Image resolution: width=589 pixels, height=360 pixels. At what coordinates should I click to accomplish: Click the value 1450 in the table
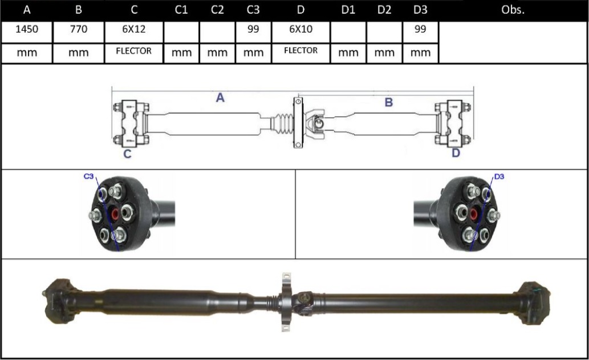click(27, 30)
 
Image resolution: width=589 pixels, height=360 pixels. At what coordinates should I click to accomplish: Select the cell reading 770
click(79, 30)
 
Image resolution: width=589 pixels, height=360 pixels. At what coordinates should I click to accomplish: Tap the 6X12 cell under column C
click(133, 30)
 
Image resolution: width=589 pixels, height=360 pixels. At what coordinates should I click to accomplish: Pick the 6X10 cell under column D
click(300, 30)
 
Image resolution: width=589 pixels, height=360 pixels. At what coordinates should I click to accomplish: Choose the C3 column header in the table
click(253, 10)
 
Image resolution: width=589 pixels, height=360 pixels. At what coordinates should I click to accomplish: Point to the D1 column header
click(347, 10)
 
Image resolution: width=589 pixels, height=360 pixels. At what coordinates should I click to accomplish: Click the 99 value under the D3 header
click(420, 30)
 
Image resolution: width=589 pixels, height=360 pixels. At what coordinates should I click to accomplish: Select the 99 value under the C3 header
click(253, 30)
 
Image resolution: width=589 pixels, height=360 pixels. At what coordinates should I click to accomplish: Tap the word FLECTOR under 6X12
click(133, 51)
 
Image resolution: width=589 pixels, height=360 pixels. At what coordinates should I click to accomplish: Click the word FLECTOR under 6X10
click(300, 51)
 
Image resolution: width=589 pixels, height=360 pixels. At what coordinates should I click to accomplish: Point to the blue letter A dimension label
click(220, 98)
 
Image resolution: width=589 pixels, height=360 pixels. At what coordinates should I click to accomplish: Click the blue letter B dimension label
click(389, 103)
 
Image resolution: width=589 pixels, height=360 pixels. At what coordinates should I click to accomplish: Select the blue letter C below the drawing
click(128, 153)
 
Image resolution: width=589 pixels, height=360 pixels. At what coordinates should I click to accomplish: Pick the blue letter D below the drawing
click(456, 153)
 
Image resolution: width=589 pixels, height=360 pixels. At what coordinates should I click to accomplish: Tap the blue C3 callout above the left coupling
click(89, 177)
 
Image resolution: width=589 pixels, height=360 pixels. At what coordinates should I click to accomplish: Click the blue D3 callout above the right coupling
click(499, 177)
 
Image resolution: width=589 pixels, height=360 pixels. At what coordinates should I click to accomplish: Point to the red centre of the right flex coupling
click(473, 215)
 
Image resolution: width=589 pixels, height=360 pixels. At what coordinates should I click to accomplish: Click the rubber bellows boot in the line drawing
click(281, 123)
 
